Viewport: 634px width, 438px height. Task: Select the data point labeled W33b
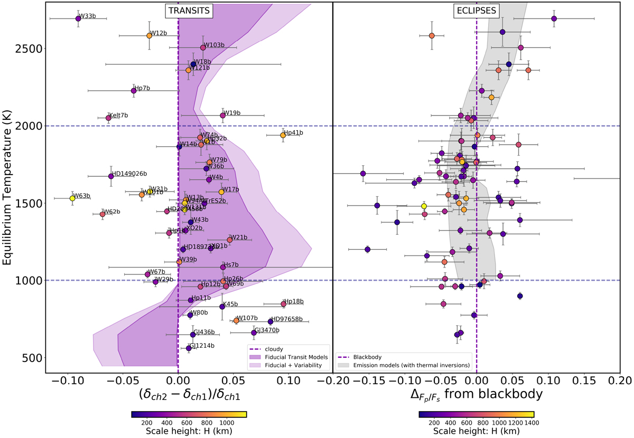pyautogui.click(x=78, y=18)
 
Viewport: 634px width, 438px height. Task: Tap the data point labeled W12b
pyautogui.click(x=149, y=36)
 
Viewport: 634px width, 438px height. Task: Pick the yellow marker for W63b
pyautogui.click(x=72, y=198)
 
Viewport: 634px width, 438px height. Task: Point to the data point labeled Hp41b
pyautogui.click(x=283, y=135)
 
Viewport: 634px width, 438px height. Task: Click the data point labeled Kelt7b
pyautogui.click(x=108, y=118)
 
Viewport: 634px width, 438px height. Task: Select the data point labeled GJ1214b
pyautogui.click(x=189, y=348)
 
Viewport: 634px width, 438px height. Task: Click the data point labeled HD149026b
pyautogui.click(x=111, y=176)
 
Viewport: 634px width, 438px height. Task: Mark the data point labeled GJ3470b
pyautogui.click(x=254, y=332)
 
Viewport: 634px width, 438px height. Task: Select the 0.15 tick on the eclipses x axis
pyautogui.click(x=584, y=379)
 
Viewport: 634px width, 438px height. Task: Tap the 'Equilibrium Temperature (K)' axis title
pyautogui.click(x=9, y=187)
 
